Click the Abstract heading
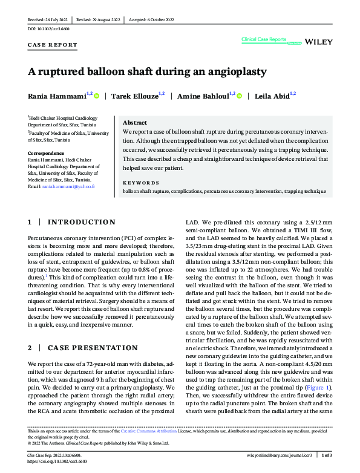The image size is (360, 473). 135,122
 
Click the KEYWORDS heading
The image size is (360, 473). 141,182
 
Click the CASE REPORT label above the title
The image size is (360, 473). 53,45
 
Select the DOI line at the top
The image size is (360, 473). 49,29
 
